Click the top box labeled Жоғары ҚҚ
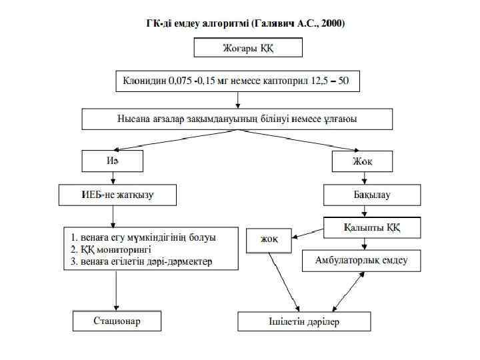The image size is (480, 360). tap(247, 47)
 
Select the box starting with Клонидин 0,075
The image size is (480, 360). tap(237, 81)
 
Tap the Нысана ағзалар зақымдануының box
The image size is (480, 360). tap(237, 119)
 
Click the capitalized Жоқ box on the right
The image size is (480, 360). tap(363, 161)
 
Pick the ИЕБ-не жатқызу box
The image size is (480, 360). tap(116, 195)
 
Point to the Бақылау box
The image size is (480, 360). tap(372, 195)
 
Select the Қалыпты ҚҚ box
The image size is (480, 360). tap(372, 227)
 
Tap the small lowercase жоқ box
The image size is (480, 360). tap(270, 239)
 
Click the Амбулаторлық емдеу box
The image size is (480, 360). tap(363, 261)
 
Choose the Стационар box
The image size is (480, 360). tap(117, 321)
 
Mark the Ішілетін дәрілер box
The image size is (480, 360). tap(304, 321)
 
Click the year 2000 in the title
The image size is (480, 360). tap(331, 23)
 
